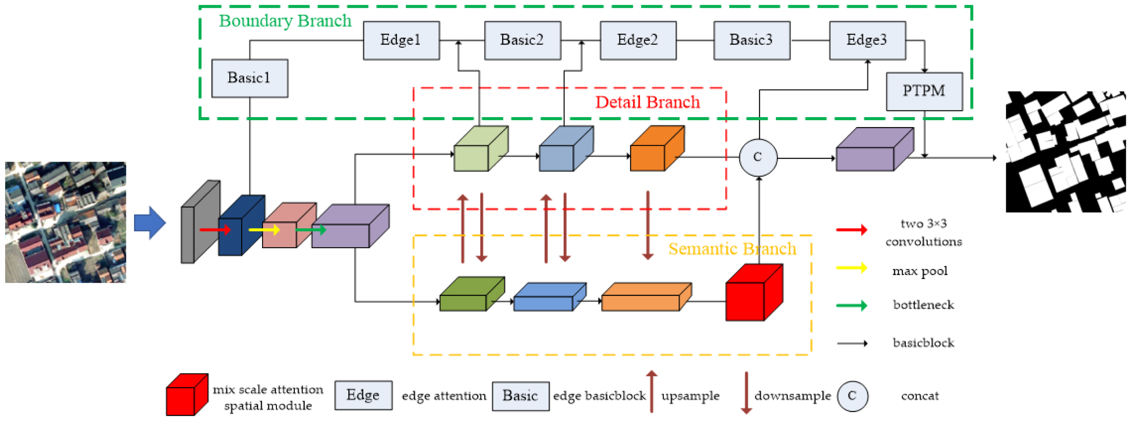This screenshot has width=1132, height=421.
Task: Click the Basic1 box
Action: [x=250, y=78]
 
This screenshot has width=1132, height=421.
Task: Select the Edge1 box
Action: [x=401, y=41]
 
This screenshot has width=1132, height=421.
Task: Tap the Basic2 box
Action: [x=522, y=41]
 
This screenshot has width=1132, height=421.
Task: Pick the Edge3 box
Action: [x=867, y=41]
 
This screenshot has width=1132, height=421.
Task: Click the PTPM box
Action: [x=924, y=91]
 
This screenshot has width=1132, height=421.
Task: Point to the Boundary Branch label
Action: [x=285, y=21]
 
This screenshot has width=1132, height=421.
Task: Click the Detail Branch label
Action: [x=647, y=102]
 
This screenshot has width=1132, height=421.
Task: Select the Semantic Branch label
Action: [x=732, y=249]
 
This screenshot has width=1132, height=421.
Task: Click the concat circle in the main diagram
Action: [x=758, y=157]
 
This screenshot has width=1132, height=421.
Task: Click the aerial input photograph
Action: [x=66, y=222]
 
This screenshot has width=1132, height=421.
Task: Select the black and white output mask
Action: [x=1065, y=152]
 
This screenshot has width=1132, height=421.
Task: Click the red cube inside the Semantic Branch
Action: [x=752, y=293]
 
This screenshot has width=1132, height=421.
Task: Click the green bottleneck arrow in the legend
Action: [x=851, y=305]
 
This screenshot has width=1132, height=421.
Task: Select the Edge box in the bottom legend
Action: [x=363, y=395]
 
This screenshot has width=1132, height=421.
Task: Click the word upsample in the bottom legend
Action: [x=690, y=396]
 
